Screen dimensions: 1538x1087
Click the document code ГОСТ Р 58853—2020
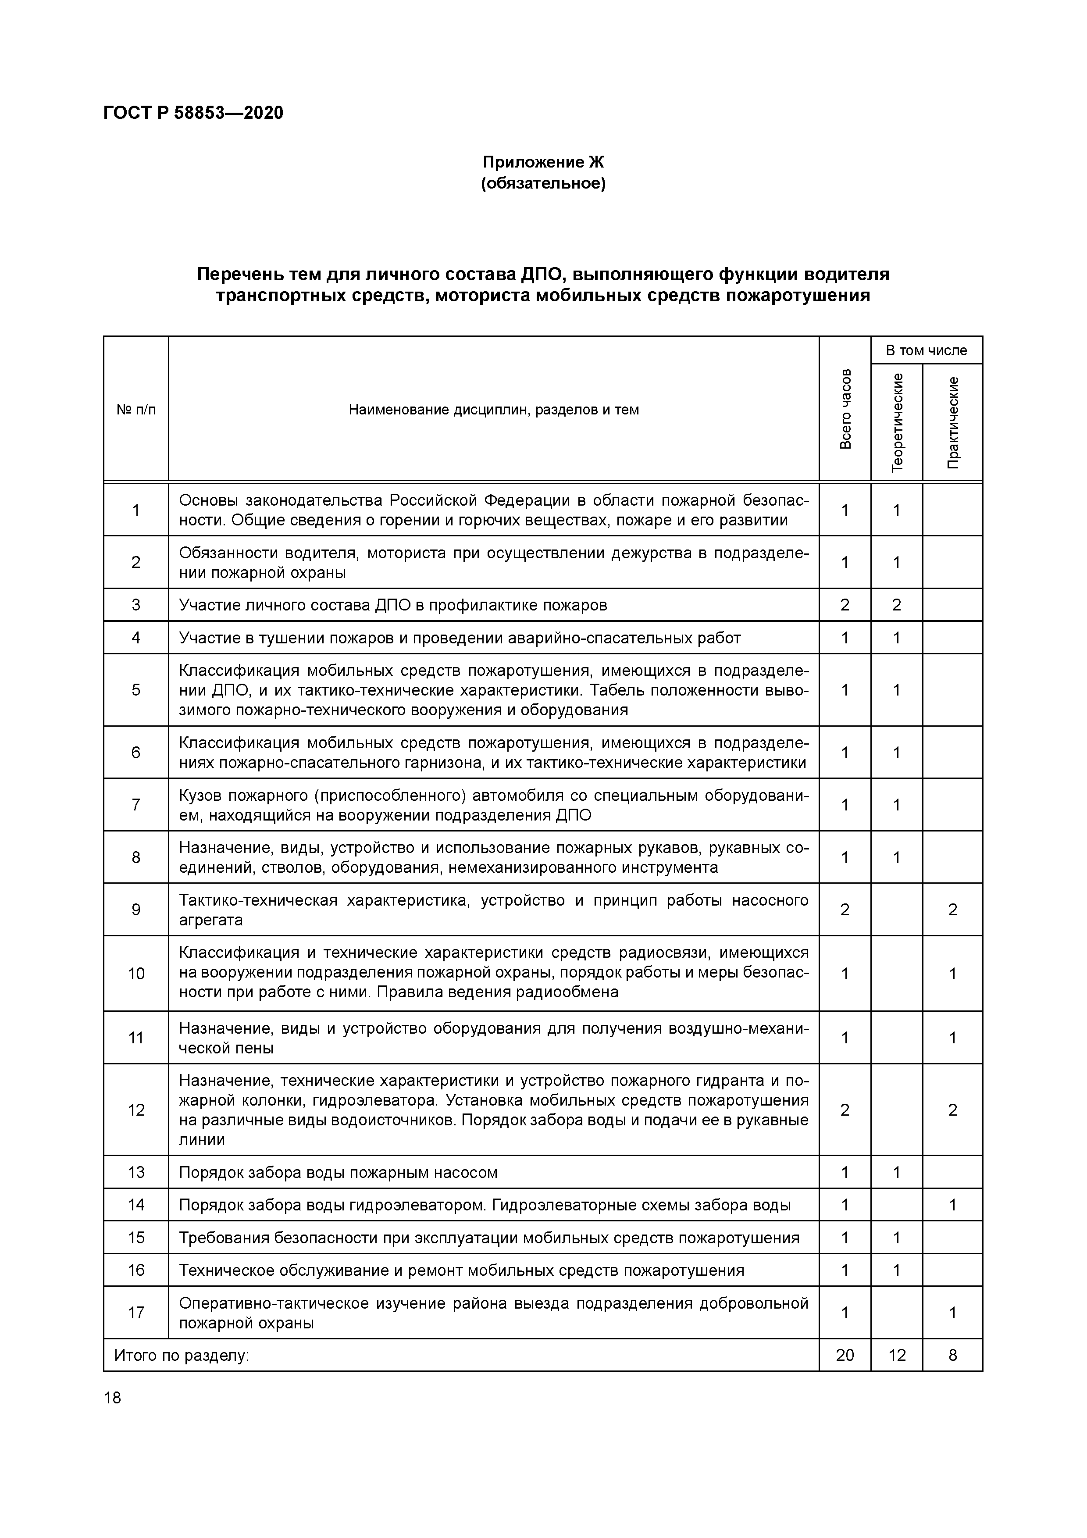tap(193, 113)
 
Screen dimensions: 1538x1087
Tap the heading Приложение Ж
tap(543, 162)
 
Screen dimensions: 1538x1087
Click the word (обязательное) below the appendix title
tap(543, 184)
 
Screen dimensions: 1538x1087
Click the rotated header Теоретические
tap(898, 422)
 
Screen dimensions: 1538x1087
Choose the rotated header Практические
tap(953, 422)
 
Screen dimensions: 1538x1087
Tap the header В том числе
tap(926, 350)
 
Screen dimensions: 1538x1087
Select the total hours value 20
tap(845, 1355)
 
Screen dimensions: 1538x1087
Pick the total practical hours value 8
tap(953, 1355)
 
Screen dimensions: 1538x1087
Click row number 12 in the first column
tap(136, 1110)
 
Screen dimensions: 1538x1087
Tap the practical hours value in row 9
tap(953, 910)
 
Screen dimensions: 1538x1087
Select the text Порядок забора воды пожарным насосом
tap(338, 1172)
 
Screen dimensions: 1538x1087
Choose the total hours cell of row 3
tap(845, 605)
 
